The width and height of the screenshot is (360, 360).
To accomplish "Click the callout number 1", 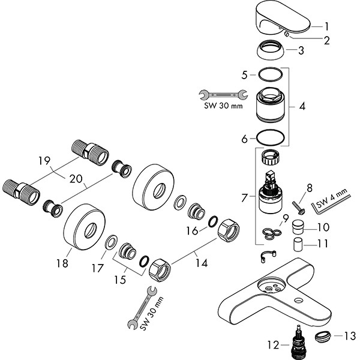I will tap(327, 26).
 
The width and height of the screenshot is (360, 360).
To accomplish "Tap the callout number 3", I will tap(327, 51).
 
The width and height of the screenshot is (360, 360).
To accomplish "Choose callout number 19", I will tap(43, 160).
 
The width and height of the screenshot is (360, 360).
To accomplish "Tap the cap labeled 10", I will tap(298, 227).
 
